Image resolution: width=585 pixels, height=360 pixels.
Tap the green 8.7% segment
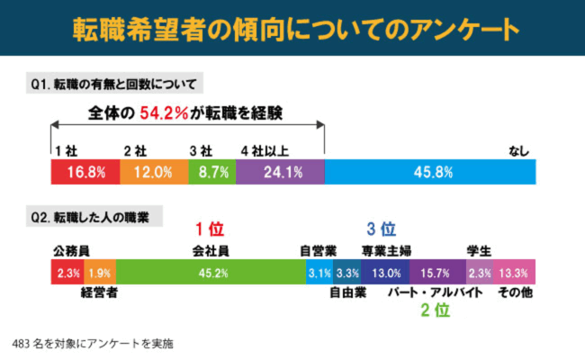tap(212, 171)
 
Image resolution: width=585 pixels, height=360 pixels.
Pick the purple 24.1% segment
tap(281, 171)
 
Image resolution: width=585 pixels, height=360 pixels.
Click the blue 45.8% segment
tap(430, 171)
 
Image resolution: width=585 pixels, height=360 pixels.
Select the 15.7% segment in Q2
tap(437, 272)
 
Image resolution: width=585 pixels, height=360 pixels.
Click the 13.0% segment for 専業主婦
tap(386, 272)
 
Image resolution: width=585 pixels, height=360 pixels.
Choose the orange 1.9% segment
tap(100, 272)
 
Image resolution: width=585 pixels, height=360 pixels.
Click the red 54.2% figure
tap(163, 113)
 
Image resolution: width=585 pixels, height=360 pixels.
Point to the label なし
tap(519, 148)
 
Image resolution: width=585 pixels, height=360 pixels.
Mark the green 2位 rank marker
tap(436, 311)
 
